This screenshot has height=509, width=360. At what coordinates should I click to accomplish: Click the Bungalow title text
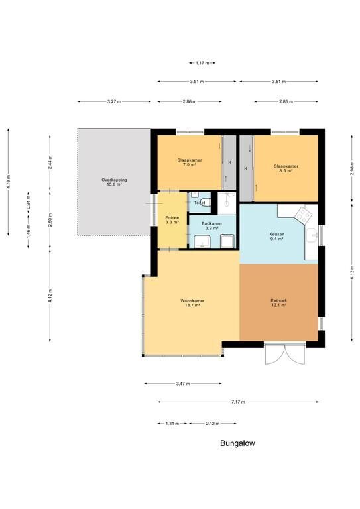pyautogui.click(x=237, y=443)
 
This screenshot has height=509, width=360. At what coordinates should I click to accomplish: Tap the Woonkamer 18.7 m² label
pyautogui.click(x=192, y=302)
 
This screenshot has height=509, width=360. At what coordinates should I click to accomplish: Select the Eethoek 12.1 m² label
pyautogui.click(x=279, y=302)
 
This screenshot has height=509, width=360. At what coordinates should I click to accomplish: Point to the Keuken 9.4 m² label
pyautogui.click(x=277, y=236)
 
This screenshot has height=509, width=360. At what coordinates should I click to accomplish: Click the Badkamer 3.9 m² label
pyautogui.click(x=211, y=225)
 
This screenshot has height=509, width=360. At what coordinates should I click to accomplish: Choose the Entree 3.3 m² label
pyautogui.click(x=172, y=220)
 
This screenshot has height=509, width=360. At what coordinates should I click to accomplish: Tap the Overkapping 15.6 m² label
pyautogui.click(x=114, y=182)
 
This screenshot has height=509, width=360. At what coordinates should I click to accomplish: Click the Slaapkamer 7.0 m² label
pyautogui.click(x=190, y=162)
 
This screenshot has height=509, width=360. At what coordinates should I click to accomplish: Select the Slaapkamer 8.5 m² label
pyautogui.click(x=286, y=168)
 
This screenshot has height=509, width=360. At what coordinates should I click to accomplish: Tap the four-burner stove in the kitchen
pyautogui.click(x=303, y=215)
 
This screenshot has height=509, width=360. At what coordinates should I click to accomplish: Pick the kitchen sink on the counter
pyautogui.click(x=312, y=235)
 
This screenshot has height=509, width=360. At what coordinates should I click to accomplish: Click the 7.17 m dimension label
pyautogui.click(x=238, y=402)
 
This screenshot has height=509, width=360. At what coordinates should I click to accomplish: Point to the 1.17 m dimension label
pyautogui.click(x=202, y=63)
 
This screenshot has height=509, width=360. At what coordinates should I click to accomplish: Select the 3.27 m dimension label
pyautogui.click(x=114, y=101)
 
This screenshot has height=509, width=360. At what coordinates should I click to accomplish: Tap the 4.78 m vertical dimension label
pyautogui.click(x=9, y=182)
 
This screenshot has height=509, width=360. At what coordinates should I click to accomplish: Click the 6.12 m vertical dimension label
pyautogui.click(x=352, y=272)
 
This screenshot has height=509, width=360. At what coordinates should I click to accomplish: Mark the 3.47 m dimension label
pyautogui.click(x=183, y=384)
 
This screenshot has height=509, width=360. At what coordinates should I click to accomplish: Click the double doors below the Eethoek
pyautogui.click(x=285, y=353)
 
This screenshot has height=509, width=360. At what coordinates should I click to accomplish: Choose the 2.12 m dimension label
pyautogui.click(x=213, y=424)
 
